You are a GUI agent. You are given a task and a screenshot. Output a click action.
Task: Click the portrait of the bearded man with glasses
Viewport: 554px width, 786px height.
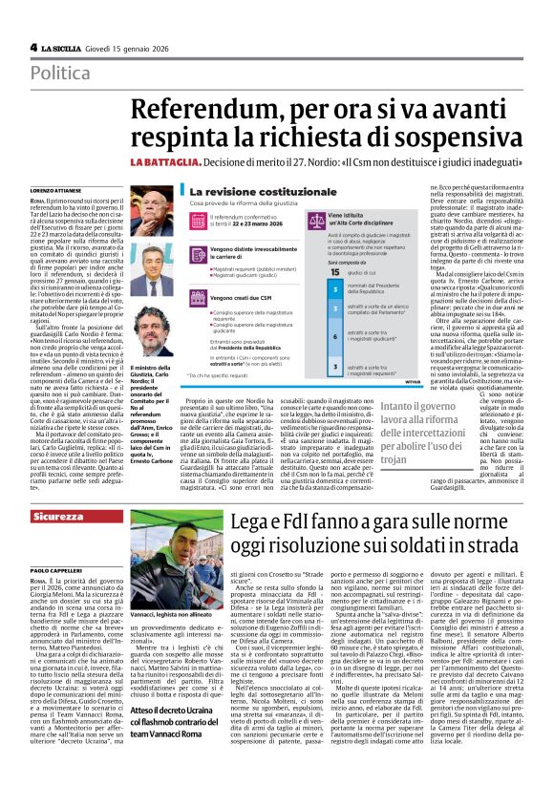point(149,330)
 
